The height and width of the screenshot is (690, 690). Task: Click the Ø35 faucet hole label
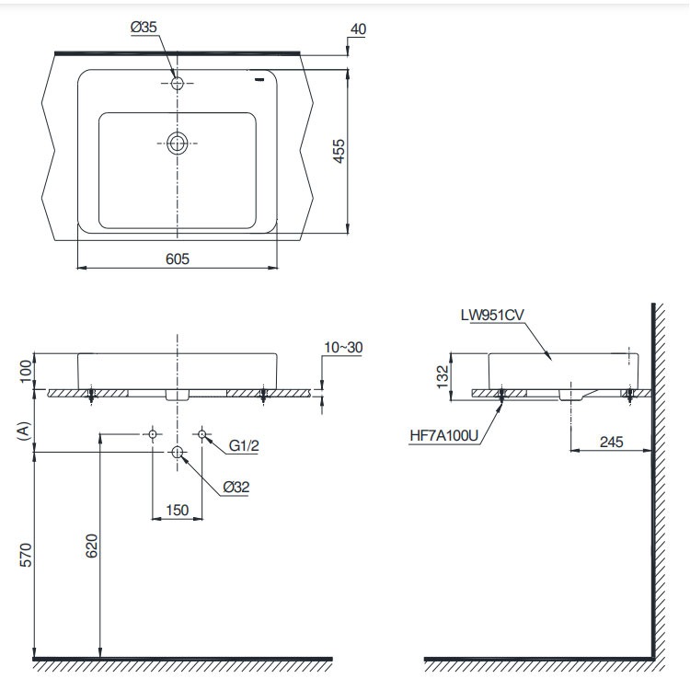(144, 28)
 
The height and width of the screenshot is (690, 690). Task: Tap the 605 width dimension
(178, 259)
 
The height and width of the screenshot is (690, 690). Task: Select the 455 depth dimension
(339, 152)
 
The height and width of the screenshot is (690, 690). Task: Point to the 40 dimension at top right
(358, 29)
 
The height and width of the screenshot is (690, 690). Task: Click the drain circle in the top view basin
(178, 144)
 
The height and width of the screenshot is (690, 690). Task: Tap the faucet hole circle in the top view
(178, 83)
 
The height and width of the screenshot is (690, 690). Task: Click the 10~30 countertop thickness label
(343, 347)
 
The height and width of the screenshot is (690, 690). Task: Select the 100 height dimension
(27, 371)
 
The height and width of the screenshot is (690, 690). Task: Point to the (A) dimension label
(24, 431)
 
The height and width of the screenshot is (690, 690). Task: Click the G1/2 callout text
(244, 446)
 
